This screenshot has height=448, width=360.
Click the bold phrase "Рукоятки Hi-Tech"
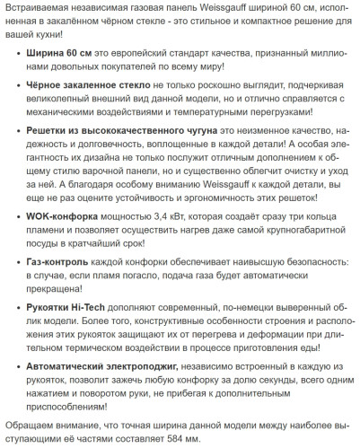[x=74, y=305]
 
